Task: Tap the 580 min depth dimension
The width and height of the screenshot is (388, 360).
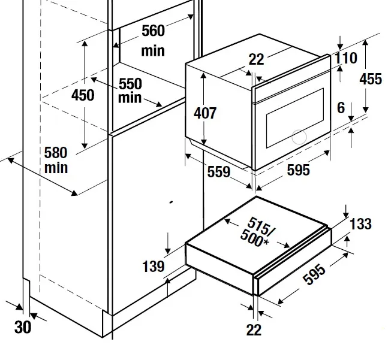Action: [x=55, y=160]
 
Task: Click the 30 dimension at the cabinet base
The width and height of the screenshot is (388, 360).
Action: [x=22, y=327]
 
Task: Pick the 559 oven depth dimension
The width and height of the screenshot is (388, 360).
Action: [x=219, y=173]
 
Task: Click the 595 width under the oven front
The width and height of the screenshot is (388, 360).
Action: [x=298, y=170]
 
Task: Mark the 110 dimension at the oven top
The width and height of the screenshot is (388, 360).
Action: [x=346, y=58]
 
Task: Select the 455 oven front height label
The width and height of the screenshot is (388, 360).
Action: [x=370, y=79]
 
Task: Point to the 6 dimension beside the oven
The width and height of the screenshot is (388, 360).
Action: [x=341, y=108]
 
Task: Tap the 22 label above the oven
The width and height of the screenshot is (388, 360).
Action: [x=257, y=59]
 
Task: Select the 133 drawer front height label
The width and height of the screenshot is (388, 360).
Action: [x=360, y=224]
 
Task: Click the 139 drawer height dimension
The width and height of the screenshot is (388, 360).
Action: [x=154, y=265]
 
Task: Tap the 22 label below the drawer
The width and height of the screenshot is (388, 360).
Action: [x=254, y=329]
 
